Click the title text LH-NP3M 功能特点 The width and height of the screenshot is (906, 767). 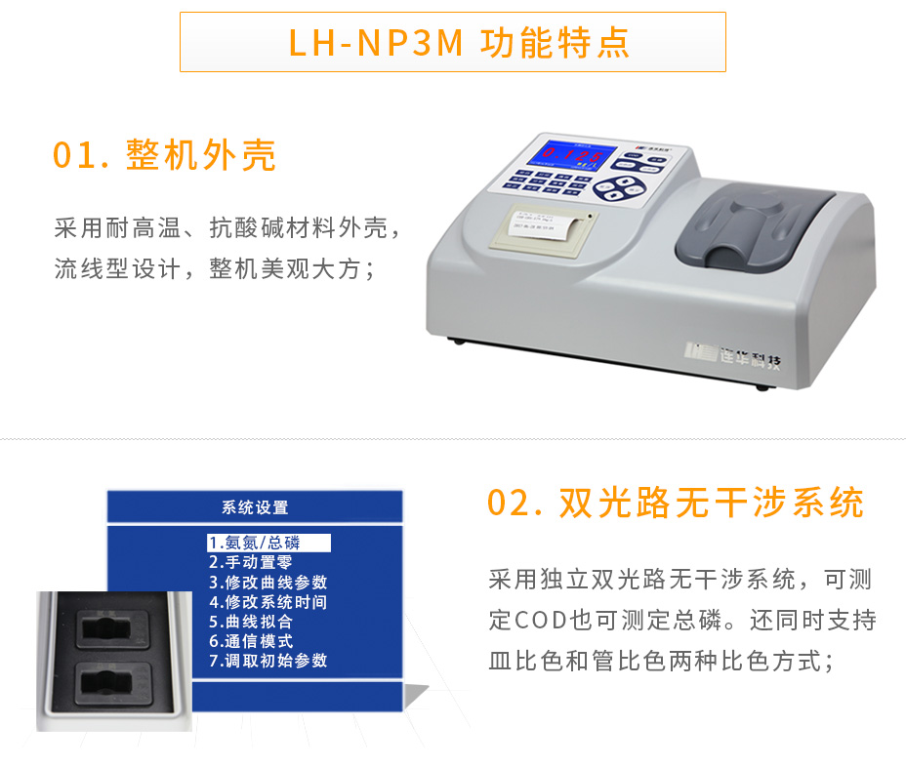click(452, 43)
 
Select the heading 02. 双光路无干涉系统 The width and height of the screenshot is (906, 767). click(676, 504)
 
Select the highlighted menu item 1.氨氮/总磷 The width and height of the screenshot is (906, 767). click(268, 543)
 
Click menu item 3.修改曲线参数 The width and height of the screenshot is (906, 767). click(268, 582)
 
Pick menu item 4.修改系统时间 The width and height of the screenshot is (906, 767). click(268, 602)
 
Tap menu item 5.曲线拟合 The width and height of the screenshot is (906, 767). click(251, 622)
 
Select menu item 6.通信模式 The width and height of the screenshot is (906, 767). click(251, 641)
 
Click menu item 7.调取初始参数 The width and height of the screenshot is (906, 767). click(268, 661)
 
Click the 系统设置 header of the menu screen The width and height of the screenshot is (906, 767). click(255, 507)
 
